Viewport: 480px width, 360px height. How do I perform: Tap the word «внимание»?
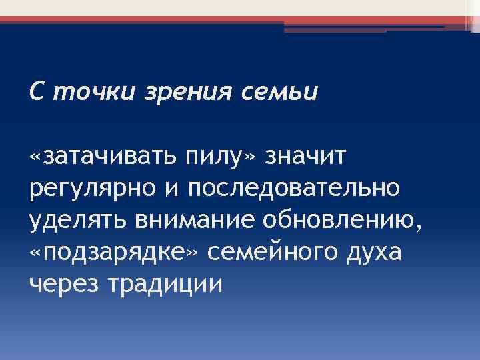coord(188,219)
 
